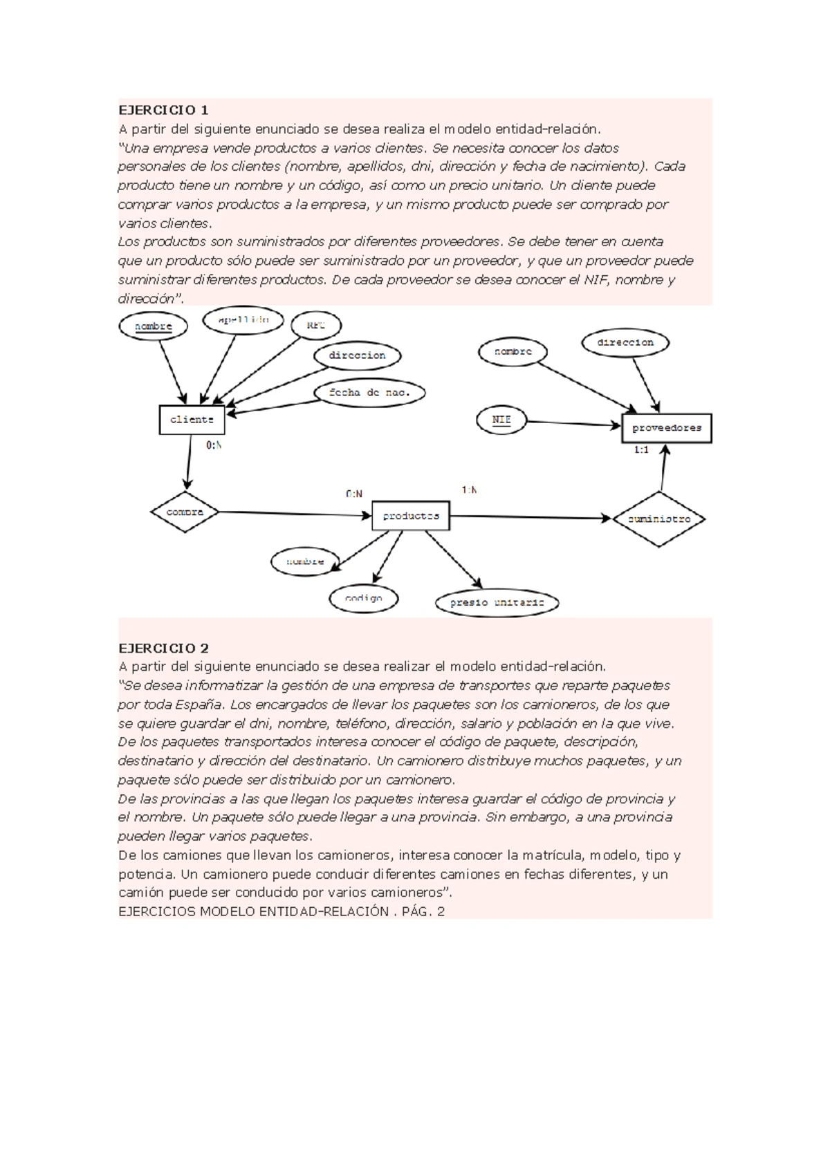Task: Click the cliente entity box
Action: pyautogui.click(x=192, y=420)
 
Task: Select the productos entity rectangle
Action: pyautogui.click(x=411, y=516)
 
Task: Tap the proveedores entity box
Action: pyautogui.click(x=667, y=428)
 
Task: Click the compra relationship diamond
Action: pyautogui.click(x=185, y=512)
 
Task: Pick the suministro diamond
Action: pyautogui.click(x=658, y=519)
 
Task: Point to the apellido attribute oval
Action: pyautogui.click(x=234, y=320)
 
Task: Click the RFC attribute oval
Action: pyautogui.click(x=315, y=325)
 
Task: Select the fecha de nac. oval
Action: pyautogui.click(x=369, y=393)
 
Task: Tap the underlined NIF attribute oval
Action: pyautogui.click(x=501, y=420)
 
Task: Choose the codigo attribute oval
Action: pyautogui.click(x=363, y=598)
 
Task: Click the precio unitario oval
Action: pyautogui.click(x=497, y=603)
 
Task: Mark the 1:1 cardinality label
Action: pyautogui.click(x=641, y=450)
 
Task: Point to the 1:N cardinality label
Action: pyautogui.click(x=469, y=490)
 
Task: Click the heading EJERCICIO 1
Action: pyautogui.click(x=163, y=110)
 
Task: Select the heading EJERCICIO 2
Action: pyautogui.click(x=163, y=648)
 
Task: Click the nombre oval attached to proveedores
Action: pyautogui.click(x=513, y=352)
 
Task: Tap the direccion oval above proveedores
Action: pyautogui.click(x=625, y=343)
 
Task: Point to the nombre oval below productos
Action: pyautogui.click(x=305, y=562)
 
